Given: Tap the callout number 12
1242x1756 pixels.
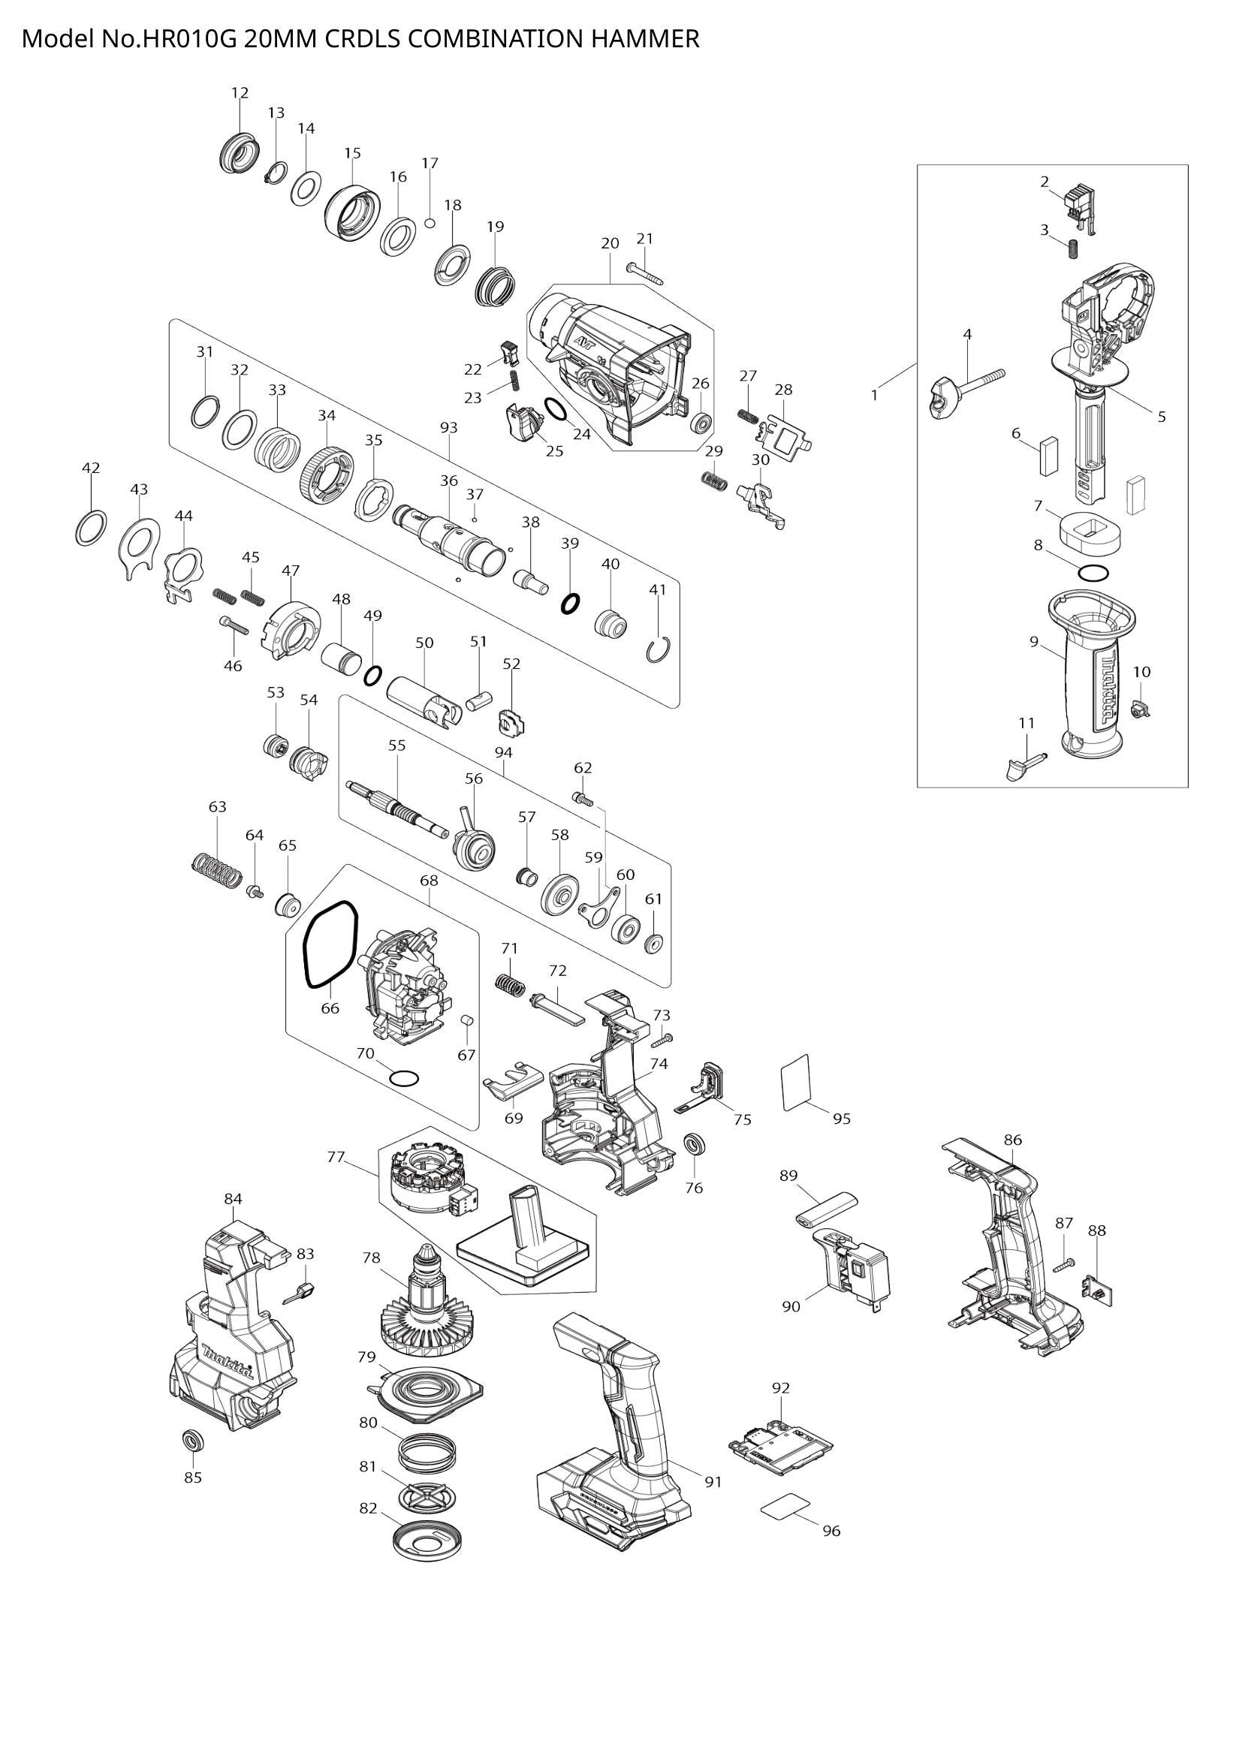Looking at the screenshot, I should [x=240, y=93].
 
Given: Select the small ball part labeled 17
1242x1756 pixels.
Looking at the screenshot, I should [x=430, y=223].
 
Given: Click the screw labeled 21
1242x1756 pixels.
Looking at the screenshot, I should [x=646, y=273].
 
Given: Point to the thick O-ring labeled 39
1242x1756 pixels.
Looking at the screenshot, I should [x=570, y=604].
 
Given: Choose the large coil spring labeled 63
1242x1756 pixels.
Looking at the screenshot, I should [x=216, y=869].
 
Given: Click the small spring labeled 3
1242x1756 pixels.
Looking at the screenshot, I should [x=1073, y=247].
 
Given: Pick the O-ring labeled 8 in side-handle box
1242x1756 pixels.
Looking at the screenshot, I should [x=1093, y=572].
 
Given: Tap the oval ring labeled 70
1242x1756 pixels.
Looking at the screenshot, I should [x=404, y=1078].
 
